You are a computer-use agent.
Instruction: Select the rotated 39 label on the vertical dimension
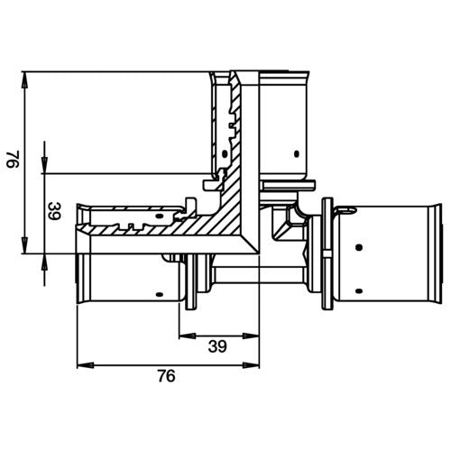tap(55, 211)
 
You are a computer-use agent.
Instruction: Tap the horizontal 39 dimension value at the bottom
tap(217, 346)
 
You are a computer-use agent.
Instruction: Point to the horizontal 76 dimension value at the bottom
tap(166, 376)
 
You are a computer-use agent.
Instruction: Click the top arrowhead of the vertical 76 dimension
tap(25, 79)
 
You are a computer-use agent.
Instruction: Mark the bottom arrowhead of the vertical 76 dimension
tap(25, 245)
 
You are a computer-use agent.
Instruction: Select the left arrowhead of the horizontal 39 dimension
tap(188, 336)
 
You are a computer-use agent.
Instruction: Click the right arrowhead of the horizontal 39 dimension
tap(251, 336)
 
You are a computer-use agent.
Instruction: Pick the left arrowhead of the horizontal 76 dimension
tap(86, 365)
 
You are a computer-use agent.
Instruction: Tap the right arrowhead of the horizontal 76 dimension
tap(251, 365)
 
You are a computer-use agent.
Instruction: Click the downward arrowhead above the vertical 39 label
tap(44, 166)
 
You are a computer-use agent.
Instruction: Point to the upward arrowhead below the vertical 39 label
tap(44, 262)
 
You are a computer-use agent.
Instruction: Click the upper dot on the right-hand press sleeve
tap(358, 247)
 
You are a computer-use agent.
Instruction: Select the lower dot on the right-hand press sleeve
tap(358, 290)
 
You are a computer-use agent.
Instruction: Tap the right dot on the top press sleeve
tap(297, 154)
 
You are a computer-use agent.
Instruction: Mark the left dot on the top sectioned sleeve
tap(225, 154)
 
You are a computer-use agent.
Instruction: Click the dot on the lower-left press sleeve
tap(160, 294)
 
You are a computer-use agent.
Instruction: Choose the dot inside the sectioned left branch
tap(160, 216)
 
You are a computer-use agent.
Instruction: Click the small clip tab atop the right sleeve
tap(345, 210)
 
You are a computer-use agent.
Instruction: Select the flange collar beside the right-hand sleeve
tap(327, 253)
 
